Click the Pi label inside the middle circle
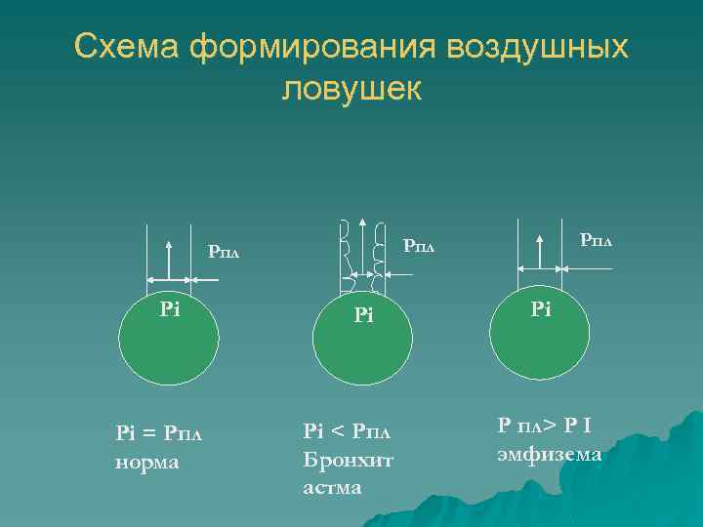pos(364,315)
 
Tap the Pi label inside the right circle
pos(541,309)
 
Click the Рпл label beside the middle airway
pos(420,247)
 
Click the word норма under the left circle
pos(147,461)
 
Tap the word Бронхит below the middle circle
pos(348,459)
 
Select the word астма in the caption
pos(332,486)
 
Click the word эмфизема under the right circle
pos(550,454)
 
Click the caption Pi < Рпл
pos(346,430)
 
